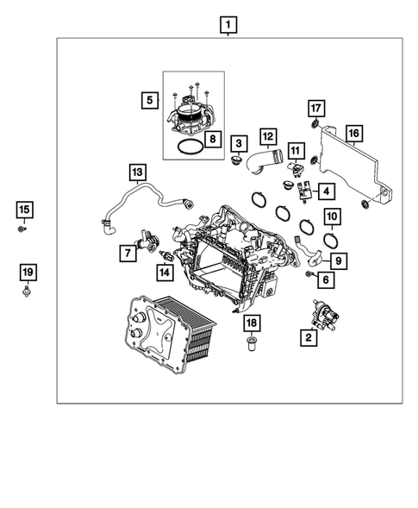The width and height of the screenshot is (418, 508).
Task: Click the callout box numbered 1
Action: [228, 24]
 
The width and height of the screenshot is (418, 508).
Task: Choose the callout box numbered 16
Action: [352, 133]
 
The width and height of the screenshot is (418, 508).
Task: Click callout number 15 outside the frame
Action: [24, 210]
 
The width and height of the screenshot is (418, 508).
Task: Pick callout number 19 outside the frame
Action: [27, 273]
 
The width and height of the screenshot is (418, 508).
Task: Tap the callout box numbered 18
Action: [251, 323]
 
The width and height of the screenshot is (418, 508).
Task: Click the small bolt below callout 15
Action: [24, 229]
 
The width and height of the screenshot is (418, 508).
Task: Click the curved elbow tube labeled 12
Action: [262, 162]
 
